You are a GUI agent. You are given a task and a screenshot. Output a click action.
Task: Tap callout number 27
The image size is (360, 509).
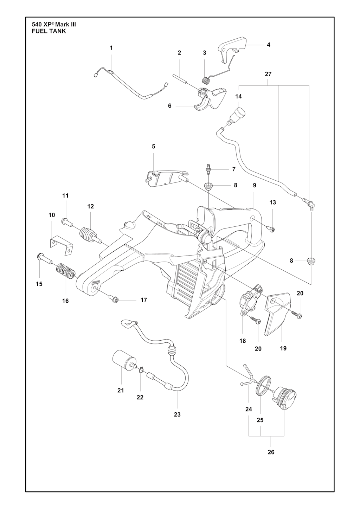(x=268, y=74)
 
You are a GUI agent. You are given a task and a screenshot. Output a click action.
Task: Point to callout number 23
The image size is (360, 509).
(x=177, y=414)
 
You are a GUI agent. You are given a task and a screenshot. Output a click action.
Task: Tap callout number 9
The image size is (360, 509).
(x=254, y=185)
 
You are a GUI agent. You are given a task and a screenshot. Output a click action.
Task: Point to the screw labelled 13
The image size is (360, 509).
(x=272, y=230)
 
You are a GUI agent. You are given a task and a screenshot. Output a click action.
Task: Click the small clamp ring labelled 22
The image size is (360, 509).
(x=141, y=369)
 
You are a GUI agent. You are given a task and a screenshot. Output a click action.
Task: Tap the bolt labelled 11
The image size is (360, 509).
(x=66, y=221)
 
